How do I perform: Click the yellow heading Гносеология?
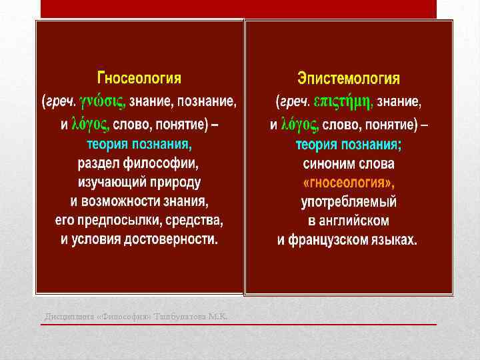pos(139,78)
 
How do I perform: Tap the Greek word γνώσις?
pos(103,102)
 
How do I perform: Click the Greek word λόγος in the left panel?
pos(90,124)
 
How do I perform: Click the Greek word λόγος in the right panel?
pos(301,124)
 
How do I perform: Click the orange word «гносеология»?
pos(349,182)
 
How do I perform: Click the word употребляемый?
pos(349,201)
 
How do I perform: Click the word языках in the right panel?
pos(395,239)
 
